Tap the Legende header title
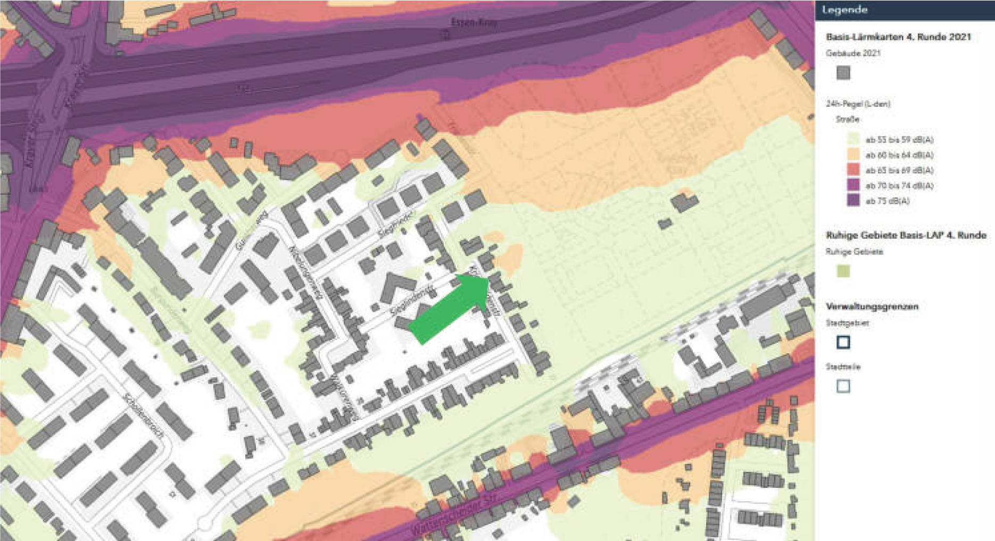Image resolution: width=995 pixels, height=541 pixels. tap(845, 10)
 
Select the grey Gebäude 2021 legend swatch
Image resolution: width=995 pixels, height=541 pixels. tap(843, 72)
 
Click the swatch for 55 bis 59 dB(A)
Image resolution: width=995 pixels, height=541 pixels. tap(853, 139)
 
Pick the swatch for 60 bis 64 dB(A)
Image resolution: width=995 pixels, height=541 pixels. tap(853, 155)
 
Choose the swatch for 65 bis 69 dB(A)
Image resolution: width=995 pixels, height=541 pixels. tap(853, 170)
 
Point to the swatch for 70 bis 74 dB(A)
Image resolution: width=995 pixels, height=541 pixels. tap(853, 185)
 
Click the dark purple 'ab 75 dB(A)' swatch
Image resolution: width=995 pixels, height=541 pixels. tap(853, 201)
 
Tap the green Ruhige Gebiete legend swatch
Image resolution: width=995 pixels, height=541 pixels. tap(843, 271)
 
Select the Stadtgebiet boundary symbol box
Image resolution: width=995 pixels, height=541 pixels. tap(843, 342)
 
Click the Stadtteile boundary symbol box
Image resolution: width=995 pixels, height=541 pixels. tap(843, 386)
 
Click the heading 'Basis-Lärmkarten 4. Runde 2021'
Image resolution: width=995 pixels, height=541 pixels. tap(898, 37)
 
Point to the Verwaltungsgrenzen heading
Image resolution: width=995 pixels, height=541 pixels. tap(872, 306)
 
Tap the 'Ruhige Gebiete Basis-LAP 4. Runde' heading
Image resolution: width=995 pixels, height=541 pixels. tap(906, 235)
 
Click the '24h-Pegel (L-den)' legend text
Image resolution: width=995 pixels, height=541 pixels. tap(858, 104)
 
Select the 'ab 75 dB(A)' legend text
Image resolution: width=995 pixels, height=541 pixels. tap(888, 201)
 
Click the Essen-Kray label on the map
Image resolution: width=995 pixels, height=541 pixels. tap(473, 22)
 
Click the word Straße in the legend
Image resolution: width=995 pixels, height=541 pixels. tap(847, 119)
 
